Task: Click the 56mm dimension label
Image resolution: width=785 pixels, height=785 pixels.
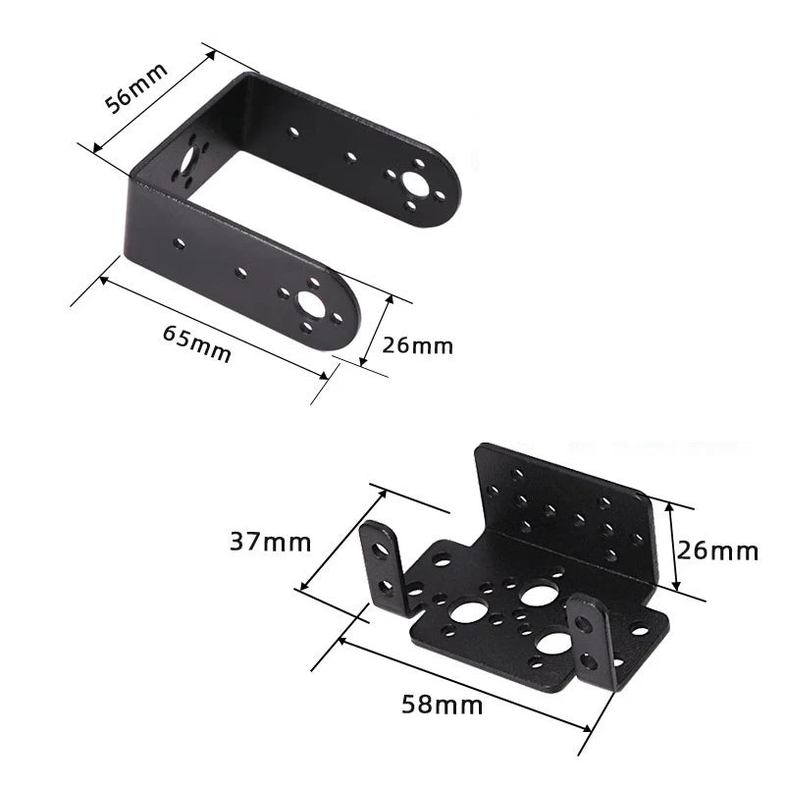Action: coord(135,87)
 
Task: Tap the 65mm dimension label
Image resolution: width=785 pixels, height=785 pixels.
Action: coord(197,342)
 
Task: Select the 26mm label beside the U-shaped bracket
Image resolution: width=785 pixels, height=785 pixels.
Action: coord(418,345)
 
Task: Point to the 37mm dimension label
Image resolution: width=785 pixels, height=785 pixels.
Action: coord(271,543)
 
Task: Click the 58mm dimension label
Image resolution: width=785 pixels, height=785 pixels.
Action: coord(443,705)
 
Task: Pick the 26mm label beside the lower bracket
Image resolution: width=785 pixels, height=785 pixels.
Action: coord(717,550)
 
